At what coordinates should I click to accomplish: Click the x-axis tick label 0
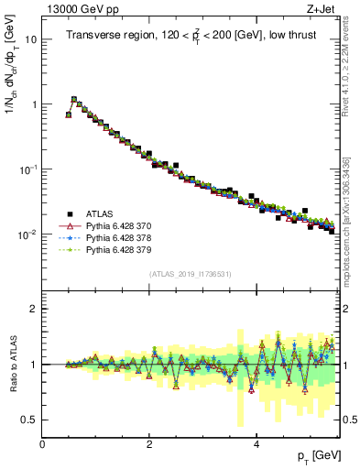42,444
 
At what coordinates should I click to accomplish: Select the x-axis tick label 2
149,444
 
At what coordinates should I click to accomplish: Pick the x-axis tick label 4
256,444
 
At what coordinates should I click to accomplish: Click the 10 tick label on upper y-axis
31,40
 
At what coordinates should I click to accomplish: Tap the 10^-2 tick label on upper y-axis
28,234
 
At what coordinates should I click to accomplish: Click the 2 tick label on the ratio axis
34,309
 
